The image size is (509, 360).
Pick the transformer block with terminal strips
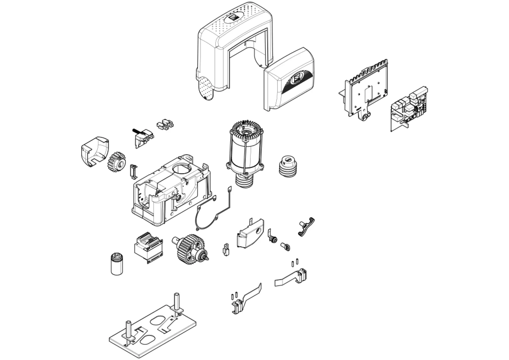pyautogui.click(x=148, y=247)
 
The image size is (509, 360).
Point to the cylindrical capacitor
pyautogui.click(x=117, y=263)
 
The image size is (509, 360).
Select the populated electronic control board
pyautogui.click(x=409, y=108)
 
